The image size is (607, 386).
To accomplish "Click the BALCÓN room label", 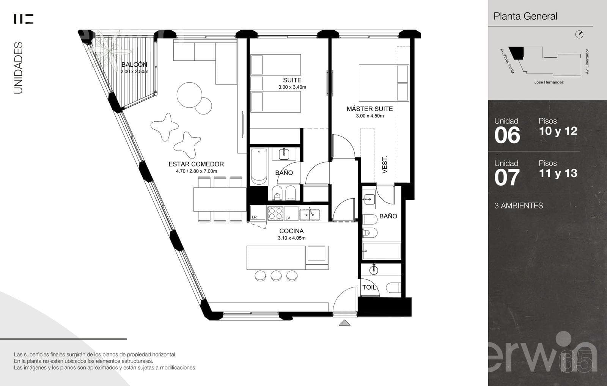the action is click(134, 64).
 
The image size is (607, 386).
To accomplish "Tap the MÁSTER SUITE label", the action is click(370, 109).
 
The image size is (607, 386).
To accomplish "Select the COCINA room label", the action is click(291, 231).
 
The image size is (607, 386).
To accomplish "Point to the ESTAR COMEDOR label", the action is click(196, 164).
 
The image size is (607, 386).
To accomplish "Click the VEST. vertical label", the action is click(385, 165).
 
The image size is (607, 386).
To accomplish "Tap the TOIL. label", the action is click(370, 287).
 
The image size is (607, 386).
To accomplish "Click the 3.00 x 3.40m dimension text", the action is click(292, 87).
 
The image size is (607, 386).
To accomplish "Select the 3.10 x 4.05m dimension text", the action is click(292, 238).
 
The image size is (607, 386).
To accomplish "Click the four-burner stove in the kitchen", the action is click(275, 213).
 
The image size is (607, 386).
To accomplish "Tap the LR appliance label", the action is click(254, 217).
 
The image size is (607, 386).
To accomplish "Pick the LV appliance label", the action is click(288, 218).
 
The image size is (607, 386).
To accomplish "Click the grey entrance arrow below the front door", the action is click(344, 323).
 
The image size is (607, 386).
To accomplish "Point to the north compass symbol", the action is click(579, 35).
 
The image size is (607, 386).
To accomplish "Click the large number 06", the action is click(507, 135).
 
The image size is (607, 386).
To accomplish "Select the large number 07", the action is click(507, 177).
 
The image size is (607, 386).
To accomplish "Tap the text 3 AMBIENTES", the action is click(518, 206).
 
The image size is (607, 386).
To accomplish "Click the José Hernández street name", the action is click(549, 82).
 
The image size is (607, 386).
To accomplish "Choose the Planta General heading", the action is click(525, 16).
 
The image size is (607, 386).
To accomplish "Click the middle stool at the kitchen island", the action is click(276, 276).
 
